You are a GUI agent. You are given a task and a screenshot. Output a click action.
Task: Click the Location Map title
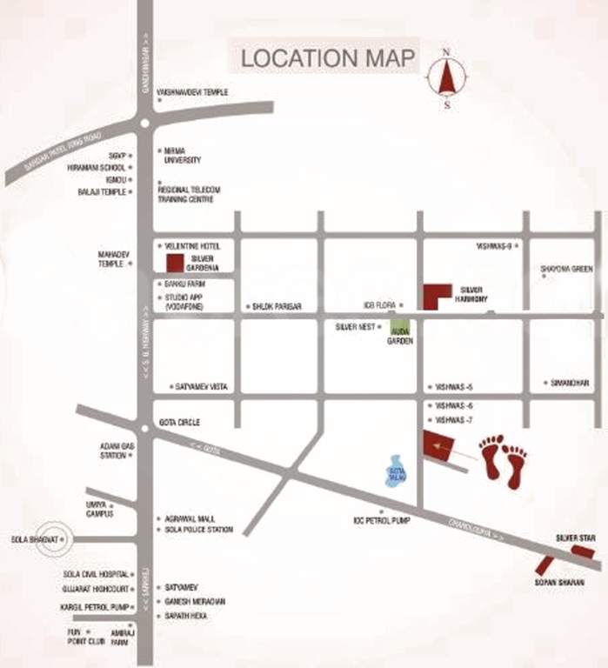click(x=328, y=58)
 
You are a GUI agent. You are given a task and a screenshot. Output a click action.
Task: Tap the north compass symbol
click(x=447, y=79)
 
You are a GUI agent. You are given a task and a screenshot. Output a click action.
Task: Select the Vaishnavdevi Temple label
click(x=192, y=91)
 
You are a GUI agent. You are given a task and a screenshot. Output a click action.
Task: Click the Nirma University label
click(x=182, y=155)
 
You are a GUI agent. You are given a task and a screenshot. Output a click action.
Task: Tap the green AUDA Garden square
click(x=399, y=328)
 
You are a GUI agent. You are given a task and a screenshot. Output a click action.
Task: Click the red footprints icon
click(x=504, y=461)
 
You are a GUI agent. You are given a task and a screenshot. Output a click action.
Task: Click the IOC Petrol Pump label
click(x=380, y=520)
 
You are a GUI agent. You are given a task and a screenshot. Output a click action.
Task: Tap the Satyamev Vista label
click(x=201, y=386)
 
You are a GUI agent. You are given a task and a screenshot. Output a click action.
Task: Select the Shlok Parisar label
click(x=276, y=307)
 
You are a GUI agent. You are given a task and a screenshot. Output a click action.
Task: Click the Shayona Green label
click(x=566, y=269)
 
